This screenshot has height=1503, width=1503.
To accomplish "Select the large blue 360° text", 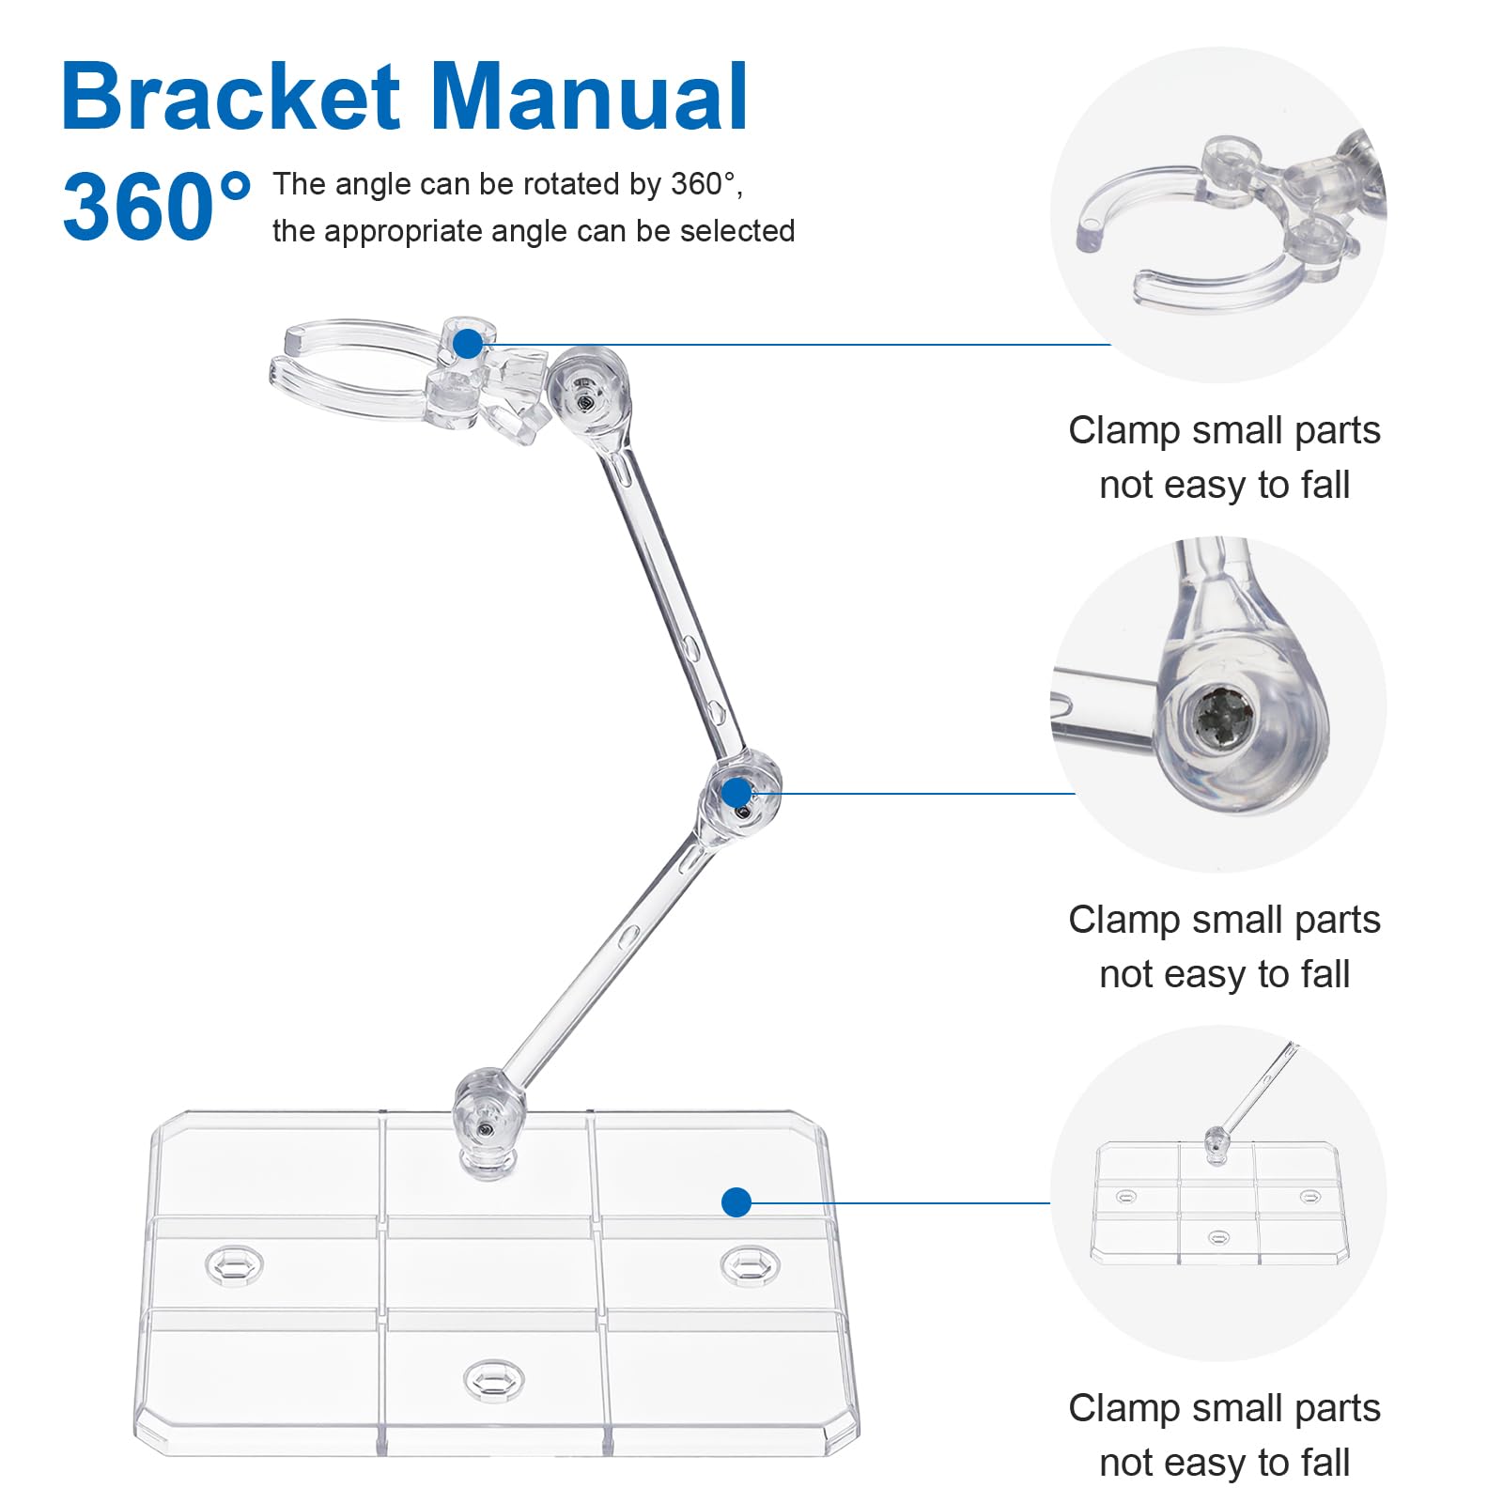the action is pos(156,206).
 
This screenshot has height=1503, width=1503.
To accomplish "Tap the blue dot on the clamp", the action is pos(467,345).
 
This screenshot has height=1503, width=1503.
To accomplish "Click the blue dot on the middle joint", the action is pos(736,793).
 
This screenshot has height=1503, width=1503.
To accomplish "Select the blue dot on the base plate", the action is pos(736,1202).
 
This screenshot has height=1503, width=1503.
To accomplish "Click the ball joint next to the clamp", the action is pos(588,392).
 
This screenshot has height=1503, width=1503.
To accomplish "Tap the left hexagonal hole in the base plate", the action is pos(234,1265).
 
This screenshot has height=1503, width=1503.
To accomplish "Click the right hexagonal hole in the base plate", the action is pos(750,1265).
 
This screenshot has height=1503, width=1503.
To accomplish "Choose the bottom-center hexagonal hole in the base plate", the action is pos(492,1380).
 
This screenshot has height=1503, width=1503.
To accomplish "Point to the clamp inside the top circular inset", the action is pos(1221,225).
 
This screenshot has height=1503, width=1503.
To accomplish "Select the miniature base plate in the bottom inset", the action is pos(1219,1202).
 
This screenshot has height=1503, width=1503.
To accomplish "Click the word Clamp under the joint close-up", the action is pos(1123,921).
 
